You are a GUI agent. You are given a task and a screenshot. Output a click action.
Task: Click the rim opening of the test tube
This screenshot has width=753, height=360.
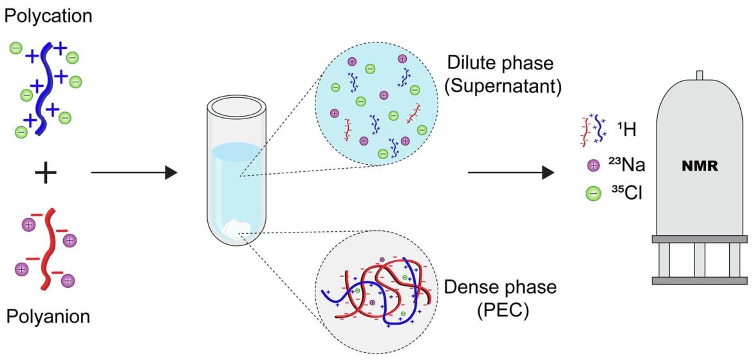tap(237, 109)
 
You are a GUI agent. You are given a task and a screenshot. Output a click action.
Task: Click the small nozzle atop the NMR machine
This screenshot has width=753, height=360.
tap(700, 76)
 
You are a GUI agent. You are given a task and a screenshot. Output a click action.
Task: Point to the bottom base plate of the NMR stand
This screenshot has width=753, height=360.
tap(701, 280)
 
